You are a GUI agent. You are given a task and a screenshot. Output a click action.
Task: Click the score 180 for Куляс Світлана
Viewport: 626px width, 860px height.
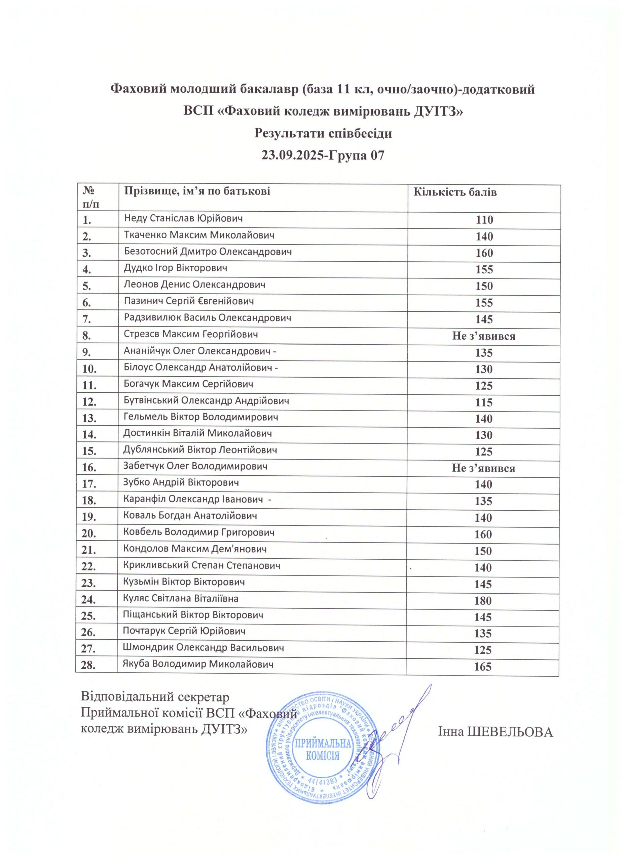point(483,601)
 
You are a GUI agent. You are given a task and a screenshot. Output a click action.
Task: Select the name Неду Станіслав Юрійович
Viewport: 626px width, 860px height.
point(183,218)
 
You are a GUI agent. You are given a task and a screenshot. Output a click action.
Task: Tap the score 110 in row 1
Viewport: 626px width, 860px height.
point(484,220)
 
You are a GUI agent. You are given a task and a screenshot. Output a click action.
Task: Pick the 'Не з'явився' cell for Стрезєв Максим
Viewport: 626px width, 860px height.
point(484,336)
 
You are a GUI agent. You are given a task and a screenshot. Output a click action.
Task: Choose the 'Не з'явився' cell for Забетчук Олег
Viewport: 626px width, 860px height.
point(483,468)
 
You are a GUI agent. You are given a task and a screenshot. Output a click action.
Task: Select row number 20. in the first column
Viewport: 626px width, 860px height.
point(89,534)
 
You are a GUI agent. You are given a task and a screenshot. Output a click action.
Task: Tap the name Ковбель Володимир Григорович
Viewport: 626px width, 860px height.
point(198,532)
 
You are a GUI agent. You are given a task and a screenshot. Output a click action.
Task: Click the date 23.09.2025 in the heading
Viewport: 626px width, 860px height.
point(293,155)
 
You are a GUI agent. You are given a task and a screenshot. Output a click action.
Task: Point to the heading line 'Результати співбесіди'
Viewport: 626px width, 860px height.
point(323,133)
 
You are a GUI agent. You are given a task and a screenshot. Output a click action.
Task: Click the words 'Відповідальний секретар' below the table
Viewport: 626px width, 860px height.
point(156,697)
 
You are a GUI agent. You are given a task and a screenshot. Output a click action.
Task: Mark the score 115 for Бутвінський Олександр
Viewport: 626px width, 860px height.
point(484,402)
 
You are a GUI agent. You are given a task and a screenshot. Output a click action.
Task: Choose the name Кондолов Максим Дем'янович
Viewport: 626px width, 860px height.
point(195,549)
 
